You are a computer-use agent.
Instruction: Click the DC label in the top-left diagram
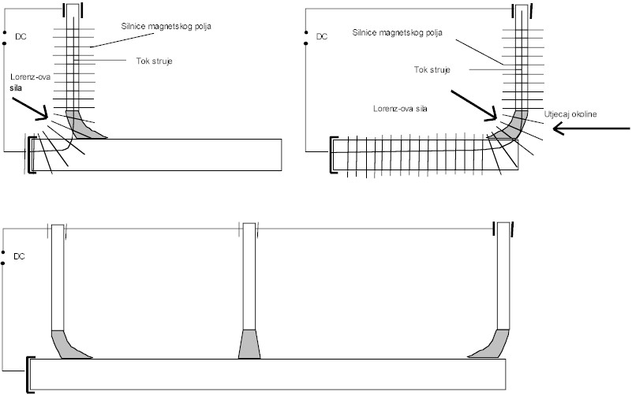[21, 36]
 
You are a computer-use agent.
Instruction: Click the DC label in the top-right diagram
[321, 36]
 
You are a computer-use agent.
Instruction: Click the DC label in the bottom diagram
[21, 256]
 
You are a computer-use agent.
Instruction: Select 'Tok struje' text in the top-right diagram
[432, 70]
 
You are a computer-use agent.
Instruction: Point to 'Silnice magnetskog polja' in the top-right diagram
[399, 32]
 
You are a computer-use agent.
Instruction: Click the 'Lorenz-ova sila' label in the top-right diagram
[401, 107]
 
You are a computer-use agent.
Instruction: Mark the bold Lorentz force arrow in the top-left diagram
[31, 107]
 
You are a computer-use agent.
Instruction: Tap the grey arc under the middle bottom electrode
[249, 344]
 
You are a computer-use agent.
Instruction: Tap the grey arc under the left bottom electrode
[68, 345]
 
